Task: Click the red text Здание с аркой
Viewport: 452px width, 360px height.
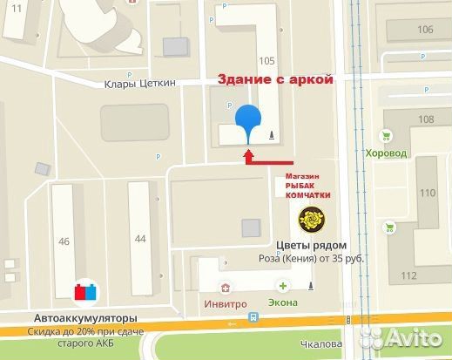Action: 274,79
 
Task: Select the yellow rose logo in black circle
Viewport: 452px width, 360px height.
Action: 313,219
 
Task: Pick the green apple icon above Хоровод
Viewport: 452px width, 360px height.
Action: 387,135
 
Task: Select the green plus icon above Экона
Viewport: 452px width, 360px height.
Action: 283,285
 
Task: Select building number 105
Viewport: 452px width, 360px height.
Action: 266,61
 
